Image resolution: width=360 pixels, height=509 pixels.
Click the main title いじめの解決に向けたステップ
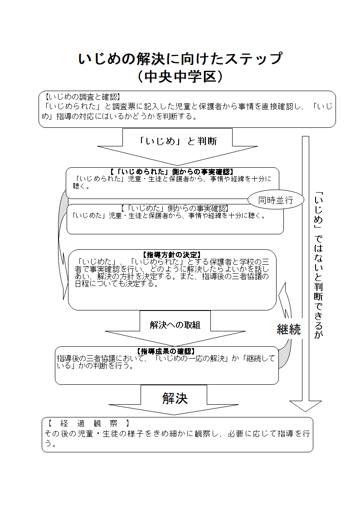click(x=180, y=59)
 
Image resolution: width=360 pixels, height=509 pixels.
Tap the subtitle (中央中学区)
click(x=180, y=77)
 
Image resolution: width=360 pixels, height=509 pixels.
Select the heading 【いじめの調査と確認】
click(x=82, y=97)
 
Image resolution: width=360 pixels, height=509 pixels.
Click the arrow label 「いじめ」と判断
click(x=178, y=141)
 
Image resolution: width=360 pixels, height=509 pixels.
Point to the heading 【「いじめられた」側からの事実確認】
click(x=172, y=172)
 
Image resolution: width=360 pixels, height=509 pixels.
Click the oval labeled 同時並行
click(x=276, y=200)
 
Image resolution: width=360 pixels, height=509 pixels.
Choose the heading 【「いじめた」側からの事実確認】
click(x=175, y=208)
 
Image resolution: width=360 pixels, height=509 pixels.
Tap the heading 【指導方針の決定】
click(x=172, y=255)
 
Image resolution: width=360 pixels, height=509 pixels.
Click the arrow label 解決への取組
click(x=175, y=325)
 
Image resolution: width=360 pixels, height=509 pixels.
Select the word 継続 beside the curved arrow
click(x=289, y=330)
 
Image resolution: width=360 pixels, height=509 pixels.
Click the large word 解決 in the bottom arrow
click(x=175, y=398)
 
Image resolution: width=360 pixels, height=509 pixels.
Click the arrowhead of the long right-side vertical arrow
click(x=305, y=405)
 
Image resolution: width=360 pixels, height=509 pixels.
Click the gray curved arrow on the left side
click(x=60, y=245)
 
